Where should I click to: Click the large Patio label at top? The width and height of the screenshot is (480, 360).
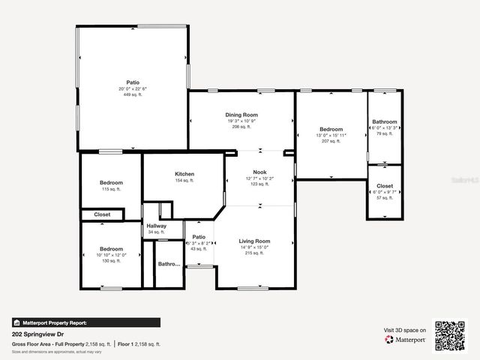tap(133, 82)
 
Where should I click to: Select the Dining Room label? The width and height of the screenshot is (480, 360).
tap(241, 114)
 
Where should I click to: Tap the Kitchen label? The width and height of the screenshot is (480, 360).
tap(184, 174)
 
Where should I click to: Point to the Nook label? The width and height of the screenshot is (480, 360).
tap(259, 172)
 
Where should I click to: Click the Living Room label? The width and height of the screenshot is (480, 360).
tap(255, 241)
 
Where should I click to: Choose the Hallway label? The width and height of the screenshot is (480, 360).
tap(157, 226)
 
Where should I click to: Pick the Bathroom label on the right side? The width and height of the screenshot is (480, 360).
tap(385, 121)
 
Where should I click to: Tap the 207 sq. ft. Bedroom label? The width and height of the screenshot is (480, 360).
tap(331, 129)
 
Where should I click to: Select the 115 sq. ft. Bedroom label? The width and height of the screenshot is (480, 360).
tap(111, 182)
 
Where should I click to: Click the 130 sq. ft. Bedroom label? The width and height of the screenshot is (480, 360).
tap(111, 249)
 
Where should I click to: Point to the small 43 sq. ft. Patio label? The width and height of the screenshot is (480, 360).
tap(199, 237)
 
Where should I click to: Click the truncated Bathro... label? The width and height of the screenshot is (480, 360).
tap(169, 264)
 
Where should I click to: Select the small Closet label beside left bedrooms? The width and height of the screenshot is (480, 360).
tap(102, 214)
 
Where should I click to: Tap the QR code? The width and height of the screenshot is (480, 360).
tap(451, 336)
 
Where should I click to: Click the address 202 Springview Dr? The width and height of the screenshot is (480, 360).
tap(37, 334)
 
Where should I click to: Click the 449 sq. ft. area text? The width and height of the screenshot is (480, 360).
tap(133, 95)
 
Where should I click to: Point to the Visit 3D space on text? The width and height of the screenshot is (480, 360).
tap(405, 330)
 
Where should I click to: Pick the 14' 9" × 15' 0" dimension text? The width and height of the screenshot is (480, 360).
tap(255, 247)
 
